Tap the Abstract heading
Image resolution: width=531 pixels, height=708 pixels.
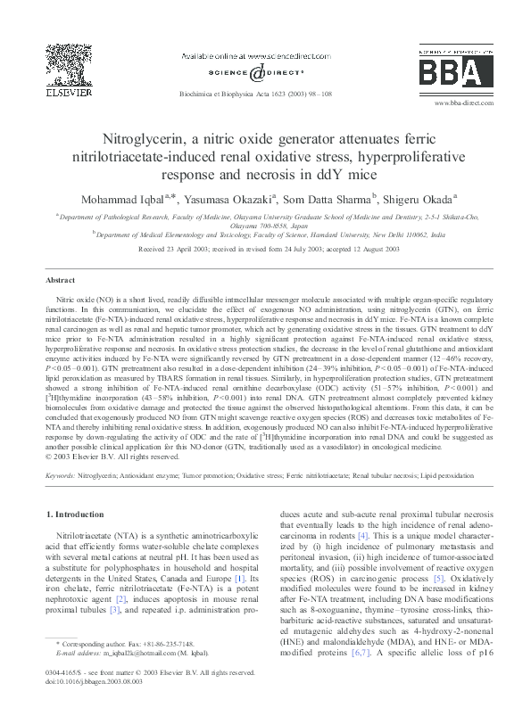click(x=60, y=280)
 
